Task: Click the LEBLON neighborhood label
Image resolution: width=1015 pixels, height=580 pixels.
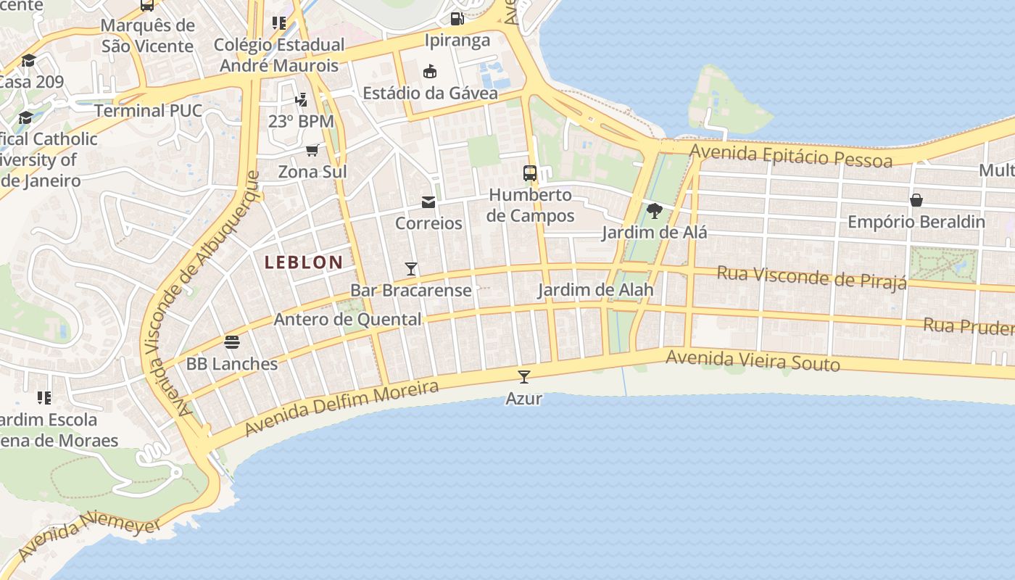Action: pyautogui.click(x=304, y=262)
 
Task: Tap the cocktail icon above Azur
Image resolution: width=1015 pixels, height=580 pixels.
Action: pyautogui.click(x=524, y=376)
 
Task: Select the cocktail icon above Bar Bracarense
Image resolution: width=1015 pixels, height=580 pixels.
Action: pyautogui.click(x=411, y=269)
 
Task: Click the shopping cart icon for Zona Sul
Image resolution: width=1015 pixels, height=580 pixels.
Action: pyautogui.click(x=312, y=150)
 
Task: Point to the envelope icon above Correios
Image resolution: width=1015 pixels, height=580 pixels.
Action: pyautogui.click(x=428, y=202)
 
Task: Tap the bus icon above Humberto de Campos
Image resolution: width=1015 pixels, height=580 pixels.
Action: pyautogui.click(x=530, y=173)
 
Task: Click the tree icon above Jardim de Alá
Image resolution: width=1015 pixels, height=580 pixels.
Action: pyautogui.click(x=654, y=211)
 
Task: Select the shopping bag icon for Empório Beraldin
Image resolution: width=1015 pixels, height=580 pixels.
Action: pyautogui.click(x=916, y=200)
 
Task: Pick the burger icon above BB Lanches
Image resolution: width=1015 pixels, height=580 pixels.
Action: pyautogui.click(x=232, y=341)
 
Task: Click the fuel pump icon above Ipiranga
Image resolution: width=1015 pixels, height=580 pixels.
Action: pyautogui.click(x=457, y=19)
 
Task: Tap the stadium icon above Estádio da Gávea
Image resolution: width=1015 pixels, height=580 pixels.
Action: pyautogui.click(x=430, y=71)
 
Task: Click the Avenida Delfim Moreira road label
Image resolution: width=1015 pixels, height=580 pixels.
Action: pyautogui.click(x=341, y=409)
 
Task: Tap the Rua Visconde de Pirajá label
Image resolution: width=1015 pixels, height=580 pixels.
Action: pyautogui.click(x=811, y=277)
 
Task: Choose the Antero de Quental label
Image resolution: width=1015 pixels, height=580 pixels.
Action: pyautogui.click(x=347, y=320)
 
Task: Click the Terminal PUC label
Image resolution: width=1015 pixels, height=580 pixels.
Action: pyautogui.click(x=148, y=111)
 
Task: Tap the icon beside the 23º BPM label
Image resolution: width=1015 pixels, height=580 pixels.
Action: pyautogui.click(x=301, y=100)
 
